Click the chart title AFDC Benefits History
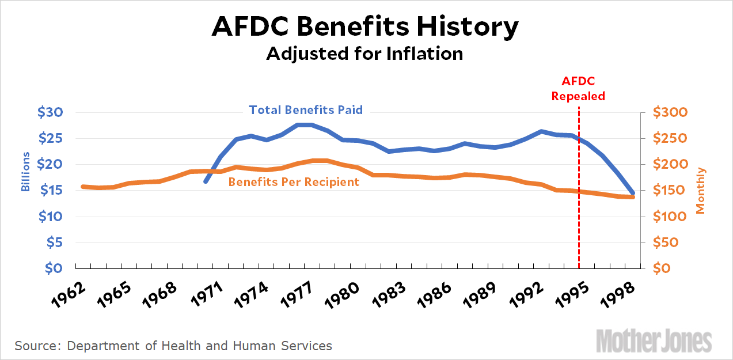coord(365,26)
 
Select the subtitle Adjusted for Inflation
coord(364,54)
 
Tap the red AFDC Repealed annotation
coord(578,89)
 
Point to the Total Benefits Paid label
coord(306,109)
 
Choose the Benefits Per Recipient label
coord(294,182)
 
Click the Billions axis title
coord(25,172)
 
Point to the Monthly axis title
coord(701,191)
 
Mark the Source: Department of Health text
coord(173,346)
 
